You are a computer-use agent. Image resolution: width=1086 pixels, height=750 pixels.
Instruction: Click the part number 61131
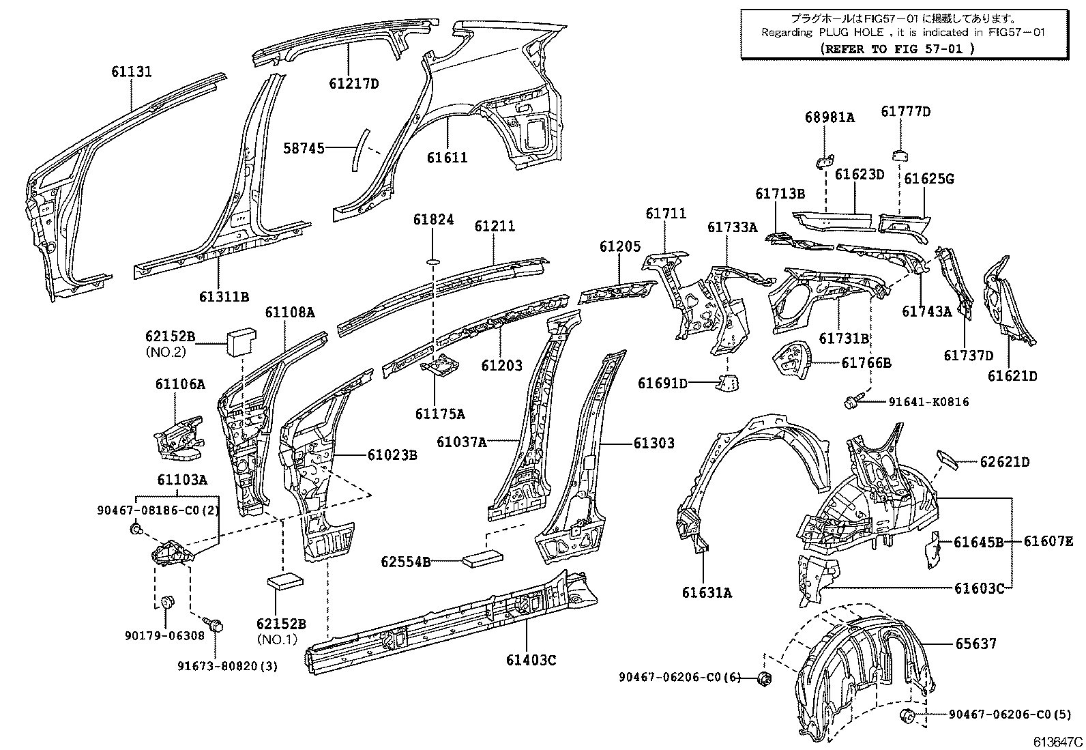click(132, 72)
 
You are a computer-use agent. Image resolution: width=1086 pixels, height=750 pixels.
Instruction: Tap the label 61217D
click(353, 84)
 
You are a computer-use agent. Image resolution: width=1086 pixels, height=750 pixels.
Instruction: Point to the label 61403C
click(531, 660)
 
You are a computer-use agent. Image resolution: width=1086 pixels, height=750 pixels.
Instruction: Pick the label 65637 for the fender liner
click(975, 643)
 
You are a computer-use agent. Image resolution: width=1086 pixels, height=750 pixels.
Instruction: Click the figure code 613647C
click(1057, 742)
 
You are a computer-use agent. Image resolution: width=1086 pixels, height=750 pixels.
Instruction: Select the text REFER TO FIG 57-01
click(898, 48)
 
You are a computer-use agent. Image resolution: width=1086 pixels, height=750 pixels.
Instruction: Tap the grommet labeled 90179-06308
click(166, 603)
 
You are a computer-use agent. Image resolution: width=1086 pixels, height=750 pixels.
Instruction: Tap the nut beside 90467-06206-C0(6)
click(765, 677)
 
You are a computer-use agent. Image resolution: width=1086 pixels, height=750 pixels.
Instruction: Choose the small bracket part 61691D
click(727, 384)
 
